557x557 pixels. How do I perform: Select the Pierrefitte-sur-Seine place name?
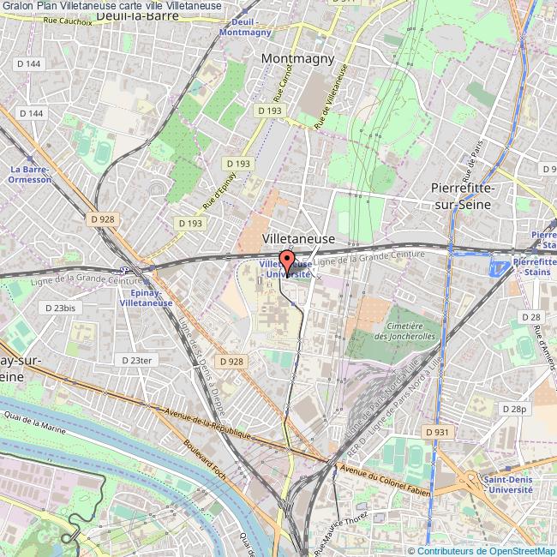coord(469,197)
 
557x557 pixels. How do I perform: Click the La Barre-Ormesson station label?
coord(29,174)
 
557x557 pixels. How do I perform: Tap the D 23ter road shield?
coord(135,361)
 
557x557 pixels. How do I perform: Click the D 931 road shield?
coord(437,433)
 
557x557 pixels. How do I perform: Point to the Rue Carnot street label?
coord(278,86)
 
